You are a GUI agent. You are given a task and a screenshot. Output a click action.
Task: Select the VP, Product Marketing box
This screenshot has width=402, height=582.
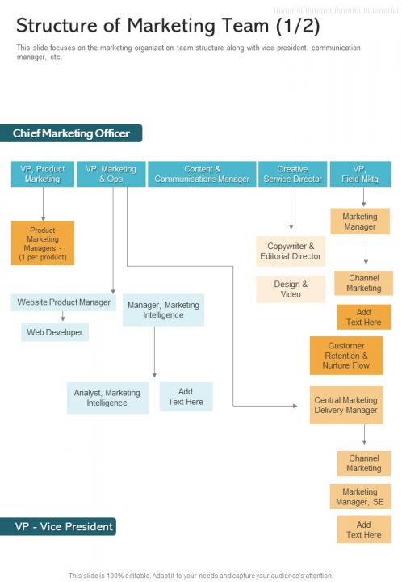pos(43,174)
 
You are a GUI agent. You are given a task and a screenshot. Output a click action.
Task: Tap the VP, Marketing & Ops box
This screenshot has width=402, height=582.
pos(111,174)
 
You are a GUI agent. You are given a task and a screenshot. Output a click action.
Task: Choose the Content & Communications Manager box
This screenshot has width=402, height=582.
pos(202,174)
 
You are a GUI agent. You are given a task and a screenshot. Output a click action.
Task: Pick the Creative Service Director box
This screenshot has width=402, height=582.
pos(292,174)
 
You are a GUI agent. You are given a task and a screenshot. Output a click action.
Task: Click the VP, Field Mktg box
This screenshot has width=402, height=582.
pos(360,174)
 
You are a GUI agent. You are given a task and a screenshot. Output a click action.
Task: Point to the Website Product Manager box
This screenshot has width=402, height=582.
pos(64,302)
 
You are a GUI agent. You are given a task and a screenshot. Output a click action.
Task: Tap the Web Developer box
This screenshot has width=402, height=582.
pos(55,332)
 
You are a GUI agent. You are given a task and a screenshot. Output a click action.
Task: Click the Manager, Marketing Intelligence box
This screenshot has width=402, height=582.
pos(163,310)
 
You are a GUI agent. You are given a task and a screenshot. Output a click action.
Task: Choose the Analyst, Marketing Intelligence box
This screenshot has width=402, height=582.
pos(107,398)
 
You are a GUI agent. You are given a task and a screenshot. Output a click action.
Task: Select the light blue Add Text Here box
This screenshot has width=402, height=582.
pos(186,396)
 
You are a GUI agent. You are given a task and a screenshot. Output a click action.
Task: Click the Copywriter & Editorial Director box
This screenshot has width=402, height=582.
pos(291,251)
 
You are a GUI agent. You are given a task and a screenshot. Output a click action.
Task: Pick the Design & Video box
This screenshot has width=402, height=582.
pos(291,289)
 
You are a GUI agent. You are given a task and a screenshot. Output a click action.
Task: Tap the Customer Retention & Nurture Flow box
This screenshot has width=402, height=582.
pos(346,356)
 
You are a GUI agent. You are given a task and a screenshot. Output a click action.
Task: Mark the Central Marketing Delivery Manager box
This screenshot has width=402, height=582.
pos(345,405)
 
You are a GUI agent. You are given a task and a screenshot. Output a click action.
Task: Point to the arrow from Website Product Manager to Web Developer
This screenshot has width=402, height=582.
pos(63,317)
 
